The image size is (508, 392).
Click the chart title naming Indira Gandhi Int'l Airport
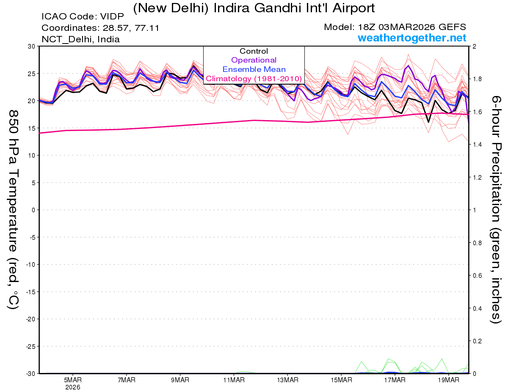[254, 8]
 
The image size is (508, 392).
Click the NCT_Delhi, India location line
[80, 39]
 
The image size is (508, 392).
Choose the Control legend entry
[254, 51]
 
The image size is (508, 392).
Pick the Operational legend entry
[254, 60]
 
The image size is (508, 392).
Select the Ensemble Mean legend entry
[254, 69]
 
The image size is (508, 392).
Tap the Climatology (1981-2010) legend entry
[254, 79]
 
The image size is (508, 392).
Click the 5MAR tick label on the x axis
[73, 380]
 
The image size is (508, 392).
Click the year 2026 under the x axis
[73, 387]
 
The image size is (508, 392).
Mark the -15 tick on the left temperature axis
[30, 292]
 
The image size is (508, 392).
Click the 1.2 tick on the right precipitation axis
[478, 177]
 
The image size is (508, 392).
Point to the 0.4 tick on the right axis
[478, 308]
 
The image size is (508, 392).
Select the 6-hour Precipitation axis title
[496, 209]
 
